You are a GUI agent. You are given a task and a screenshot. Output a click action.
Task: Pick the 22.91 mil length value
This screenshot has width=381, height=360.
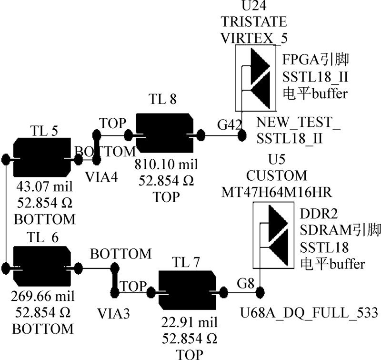(x=187, y=323)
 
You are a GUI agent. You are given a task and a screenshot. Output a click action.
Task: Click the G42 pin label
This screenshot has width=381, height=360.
(x=230, y=125)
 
